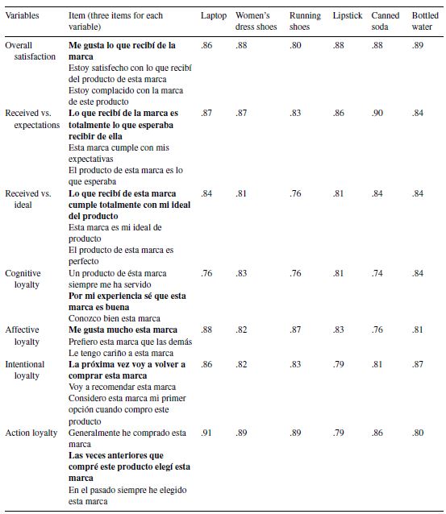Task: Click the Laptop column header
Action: pyautogui.click(x=213, y=16)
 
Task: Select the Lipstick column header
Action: pyautogui.click(x=348, y=16)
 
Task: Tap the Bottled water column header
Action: pyautogui.click(x=425, y=21)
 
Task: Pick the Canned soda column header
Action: pyautogui.click(x=385, y=21)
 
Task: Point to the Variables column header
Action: pyautogui.click(x=22, y=16)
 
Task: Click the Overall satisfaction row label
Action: pyautogui.click(x=31, y=51)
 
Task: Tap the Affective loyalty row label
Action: pyautogui.click(x=23, y=335)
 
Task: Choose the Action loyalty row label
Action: pyautogui.click(x=31, y=433)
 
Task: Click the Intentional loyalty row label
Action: pyautogui.click(x=27, y=370)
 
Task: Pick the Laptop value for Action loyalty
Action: pyautogui.click(x=206, y=433)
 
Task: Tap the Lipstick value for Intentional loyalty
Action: pyautogui.click(x=339, y=365)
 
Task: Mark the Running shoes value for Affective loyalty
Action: pyautogui.click(x=296, y=330)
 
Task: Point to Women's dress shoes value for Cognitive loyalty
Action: pyautogui.click(x=241, y=274)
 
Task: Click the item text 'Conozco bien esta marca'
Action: pyautogui.click(x=115, y=318)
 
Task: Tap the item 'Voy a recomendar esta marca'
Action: pyautogui.click(x=123, y=387)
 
